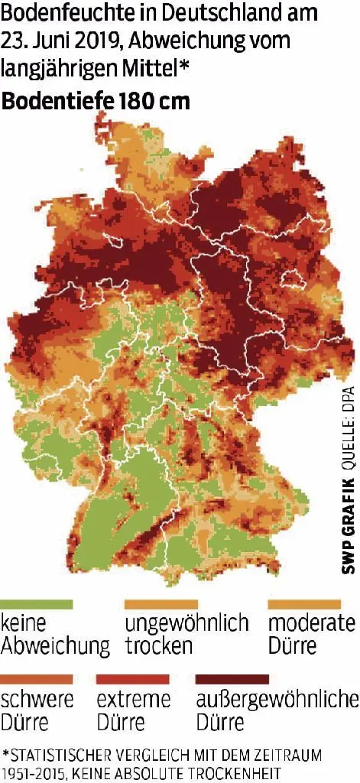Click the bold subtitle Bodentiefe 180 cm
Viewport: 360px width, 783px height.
[x=96, y=100]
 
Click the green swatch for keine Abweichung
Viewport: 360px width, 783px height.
[x=37, y=604]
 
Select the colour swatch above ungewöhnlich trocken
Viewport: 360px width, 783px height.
[x=161, y=604]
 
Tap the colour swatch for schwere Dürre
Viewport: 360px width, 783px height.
[x=37, y=679]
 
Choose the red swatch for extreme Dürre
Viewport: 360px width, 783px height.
[x=133, y=679]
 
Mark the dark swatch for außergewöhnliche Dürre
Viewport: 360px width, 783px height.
[x=232, y=679]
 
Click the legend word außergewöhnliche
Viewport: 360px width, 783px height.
[x=277, y=700]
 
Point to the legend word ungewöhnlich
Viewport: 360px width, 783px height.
[x=187, y=623]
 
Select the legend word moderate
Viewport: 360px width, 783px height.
[x=312, y=623]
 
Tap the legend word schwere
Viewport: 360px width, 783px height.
[x=38, y=700]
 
